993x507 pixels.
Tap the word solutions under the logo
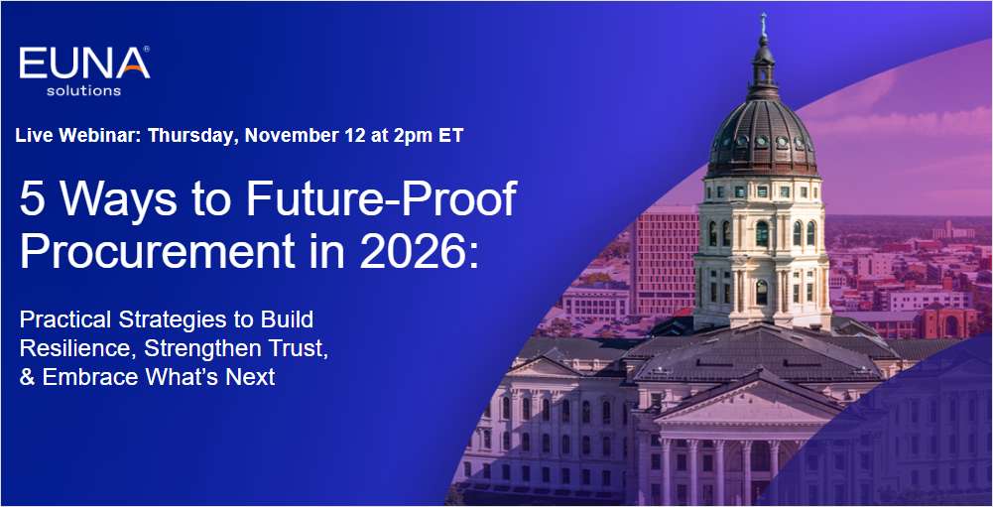point(83,91)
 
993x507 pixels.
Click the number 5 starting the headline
point(31,201)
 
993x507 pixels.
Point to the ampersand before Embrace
point(27,377)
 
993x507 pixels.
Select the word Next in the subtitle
point(252,377)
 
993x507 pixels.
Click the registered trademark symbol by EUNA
point(147,49)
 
